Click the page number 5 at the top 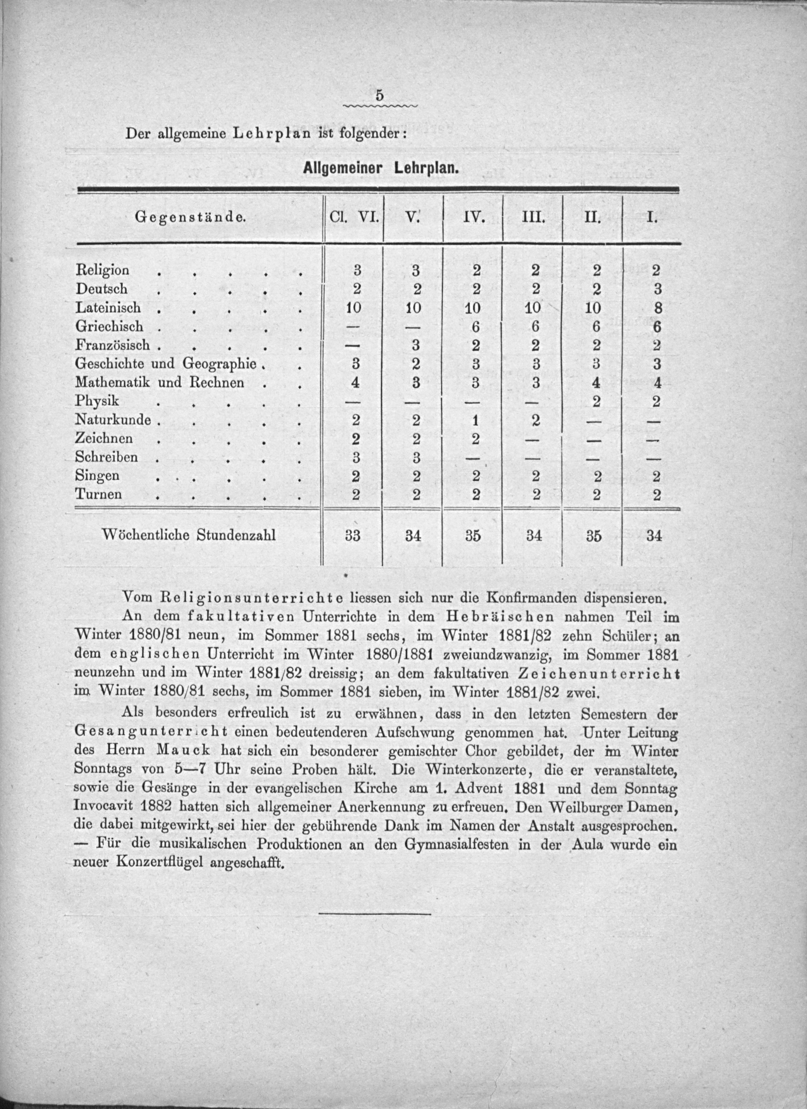point(379,96)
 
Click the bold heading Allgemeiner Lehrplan point(381,169)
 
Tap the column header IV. point(473,217)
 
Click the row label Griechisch point(109,326)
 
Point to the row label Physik point(97,401)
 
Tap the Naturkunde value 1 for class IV point(475,420)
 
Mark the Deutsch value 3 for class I point(657,289)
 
